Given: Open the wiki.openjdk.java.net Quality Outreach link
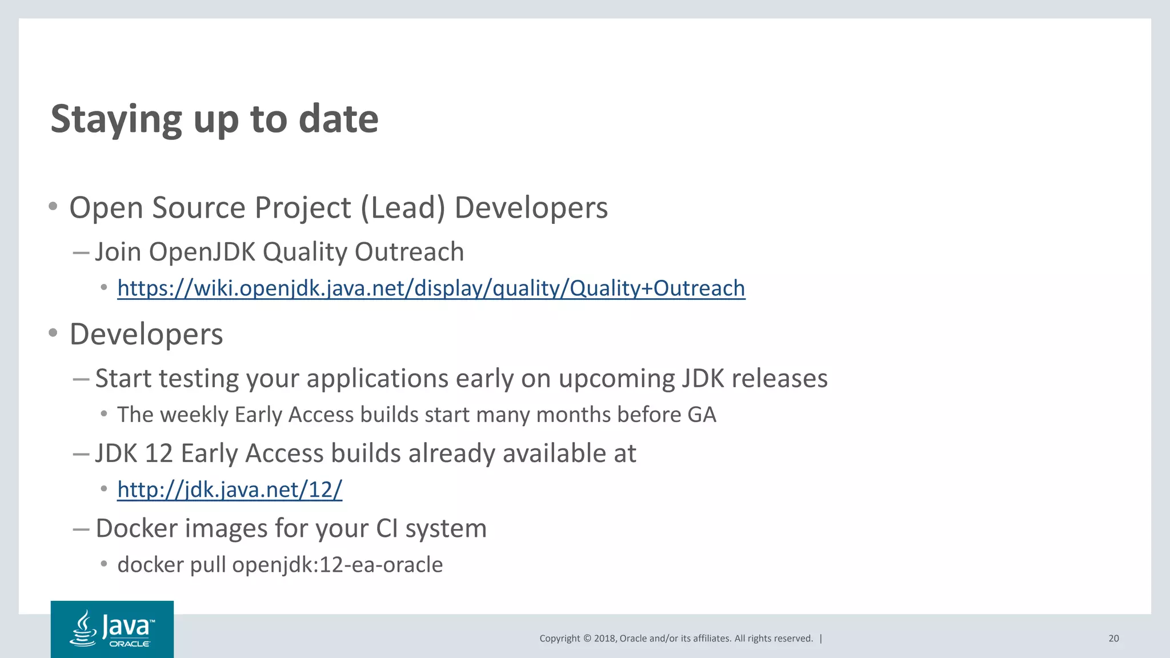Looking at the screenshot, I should (431, 288).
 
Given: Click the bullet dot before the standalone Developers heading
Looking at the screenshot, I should (53, 333).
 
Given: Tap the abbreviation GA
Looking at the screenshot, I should (702, 415).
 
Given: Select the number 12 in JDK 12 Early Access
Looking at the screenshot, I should (159, 454).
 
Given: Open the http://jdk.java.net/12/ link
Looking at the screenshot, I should (230, 490).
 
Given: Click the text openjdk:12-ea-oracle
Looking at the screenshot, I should (337, 565).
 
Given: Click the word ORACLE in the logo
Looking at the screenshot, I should (130, 644).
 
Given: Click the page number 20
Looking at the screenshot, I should (1113, 639).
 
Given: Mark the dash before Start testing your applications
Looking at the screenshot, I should (81, 379).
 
